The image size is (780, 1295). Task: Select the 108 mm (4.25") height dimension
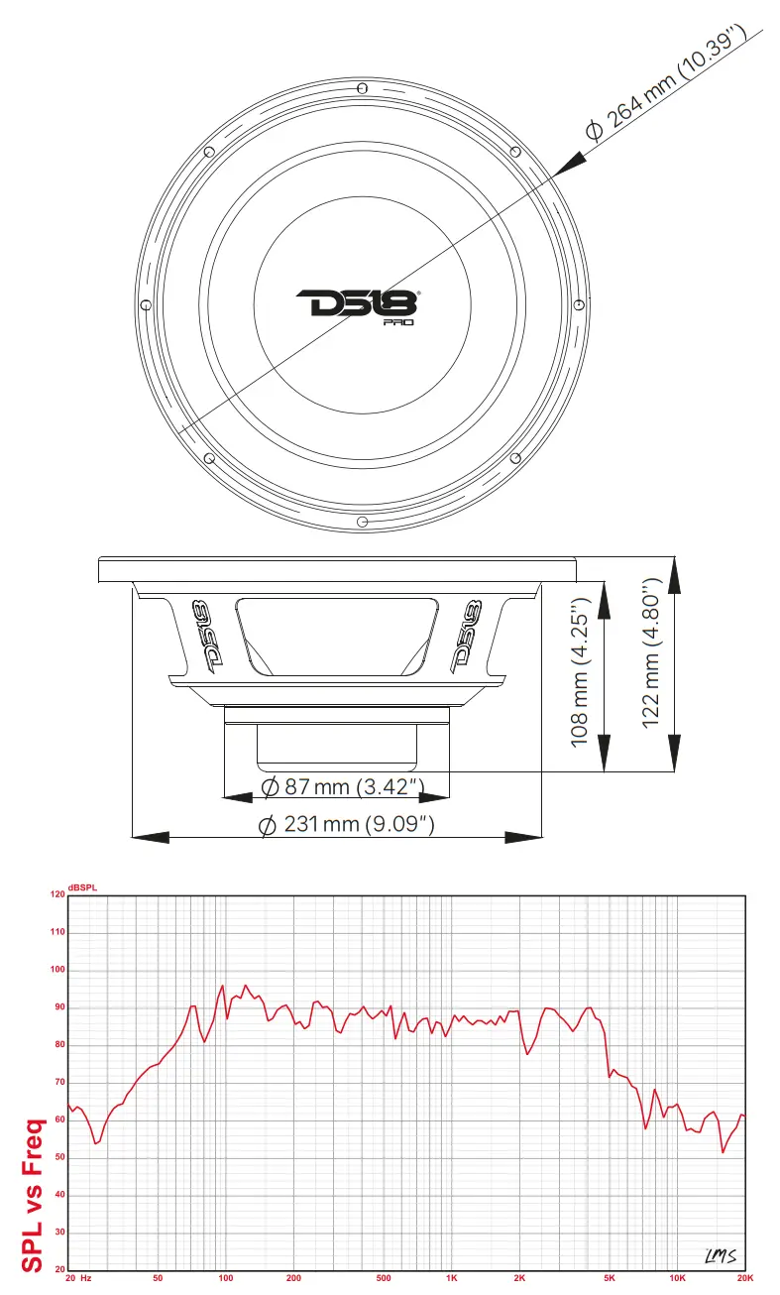582,670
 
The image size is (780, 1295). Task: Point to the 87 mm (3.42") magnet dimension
343,787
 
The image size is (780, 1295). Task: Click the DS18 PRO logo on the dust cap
359,306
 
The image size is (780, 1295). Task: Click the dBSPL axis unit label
82,886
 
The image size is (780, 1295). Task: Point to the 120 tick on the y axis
56,895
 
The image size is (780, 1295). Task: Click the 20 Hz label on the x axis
77,1279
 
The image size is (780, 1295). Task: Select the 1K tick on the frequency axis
452,1279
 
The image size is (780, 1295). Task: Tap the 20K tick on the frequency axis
746,1279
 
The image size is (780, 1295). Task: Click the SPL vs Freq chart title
33,1195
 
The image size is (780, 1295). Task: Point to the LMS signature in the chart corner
721,1255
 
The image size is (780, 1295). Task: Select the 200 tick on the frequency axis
293,1279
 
